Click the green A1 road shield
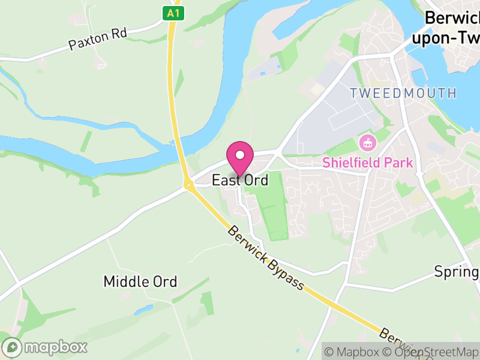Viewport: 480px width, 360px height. pyautogui.click(x=173, y=12)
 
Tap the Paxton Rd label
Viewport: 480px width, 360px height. pyautogui.click(x=98, y=39)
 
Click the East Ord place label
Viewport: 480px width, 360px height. pyautogui.click(x=240, y=180)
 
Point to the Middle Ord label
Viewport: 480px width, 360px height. pyautogui.click(x=140, y=281)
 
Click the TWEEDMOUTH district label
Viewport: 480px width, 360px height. pyautogui.click(x=403, y=93)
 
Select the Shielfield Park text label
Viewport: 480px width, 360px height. pyautogui.click(x=367, y=162)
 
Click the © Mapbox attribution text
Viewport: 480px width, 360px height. pyautogui.click(x=354, y=352)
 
